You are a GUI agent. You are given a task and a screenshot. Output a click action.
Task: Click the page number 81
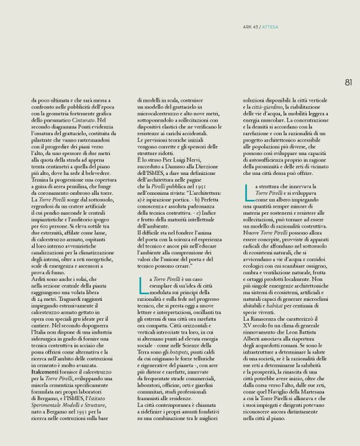click(x=348, y=82)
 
